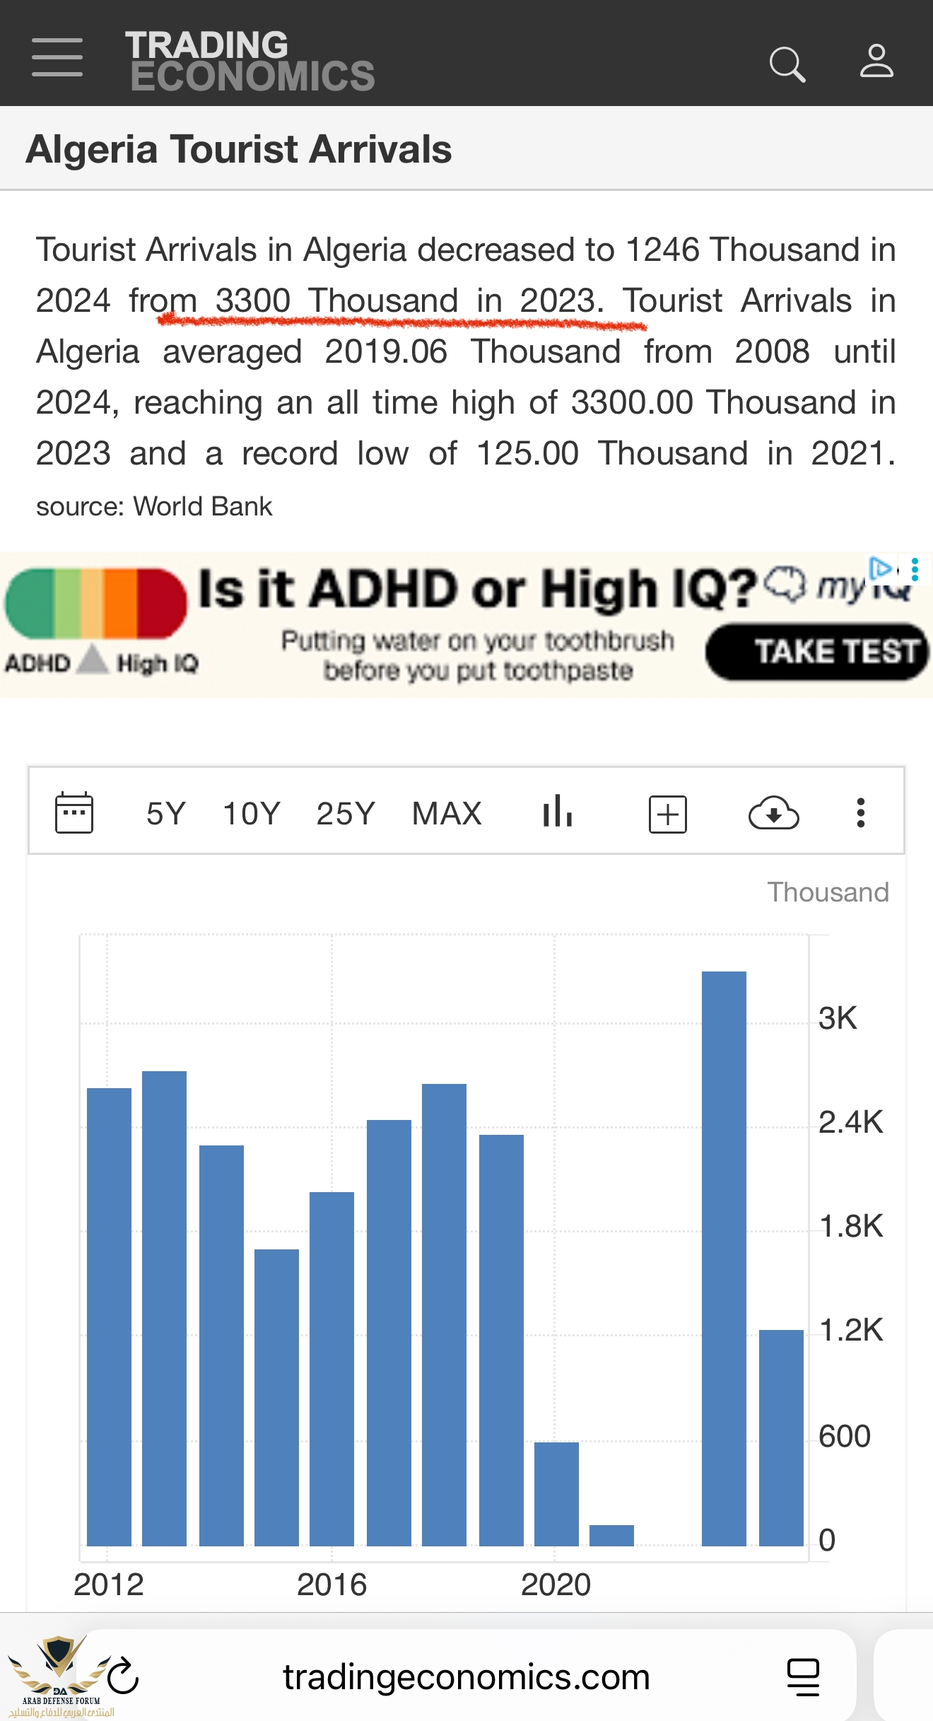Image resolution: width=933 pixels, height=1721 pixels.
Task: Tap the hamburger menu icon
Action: click(x=57, y=58)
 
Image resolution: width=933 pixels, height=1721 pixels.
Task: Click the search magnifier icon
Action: click(x=787, y=64)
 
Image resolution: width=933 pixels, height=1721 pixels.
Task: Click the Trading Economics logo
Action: click(x=250, y=61)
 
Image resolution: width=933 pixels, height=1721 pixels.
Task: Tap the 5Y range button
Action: click(x=165, y=814)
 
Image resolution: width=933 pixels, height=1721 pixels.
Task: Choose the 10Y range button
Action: click(x=252, y=814)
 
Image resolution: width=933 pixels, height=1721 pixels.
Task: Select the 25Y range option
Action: click(x=345, y=814)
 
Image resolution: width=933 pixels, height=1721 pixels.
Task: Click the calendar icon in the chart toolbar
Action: click(x=74, y=813)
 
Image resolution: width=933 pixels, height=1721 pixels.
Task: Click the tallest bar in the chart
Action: click(x=724, y=1259)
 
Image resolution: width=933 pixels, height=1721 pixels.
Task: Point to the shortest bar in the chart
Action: click(x=611, y=1535)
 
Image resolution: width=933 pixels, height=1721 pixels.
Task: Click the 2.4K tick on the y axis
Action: click(x=850, y=1122)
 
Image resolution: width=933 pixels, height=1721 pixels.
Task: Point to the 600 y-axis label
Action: click(x=844, y=1436)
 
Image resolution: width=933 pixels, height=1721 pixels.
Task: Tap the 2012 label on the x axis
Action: click(x=109, y=1585)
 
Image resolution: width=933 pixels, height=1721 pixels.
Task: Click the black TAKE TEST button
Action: click(x=817, y=652)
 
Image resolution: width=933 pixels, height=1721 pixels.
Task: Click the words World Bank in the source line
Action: click(x=203, y=506)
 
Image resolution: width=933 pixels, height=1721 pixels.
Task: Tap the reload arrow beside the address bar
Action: click(x=123, y=1676)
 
